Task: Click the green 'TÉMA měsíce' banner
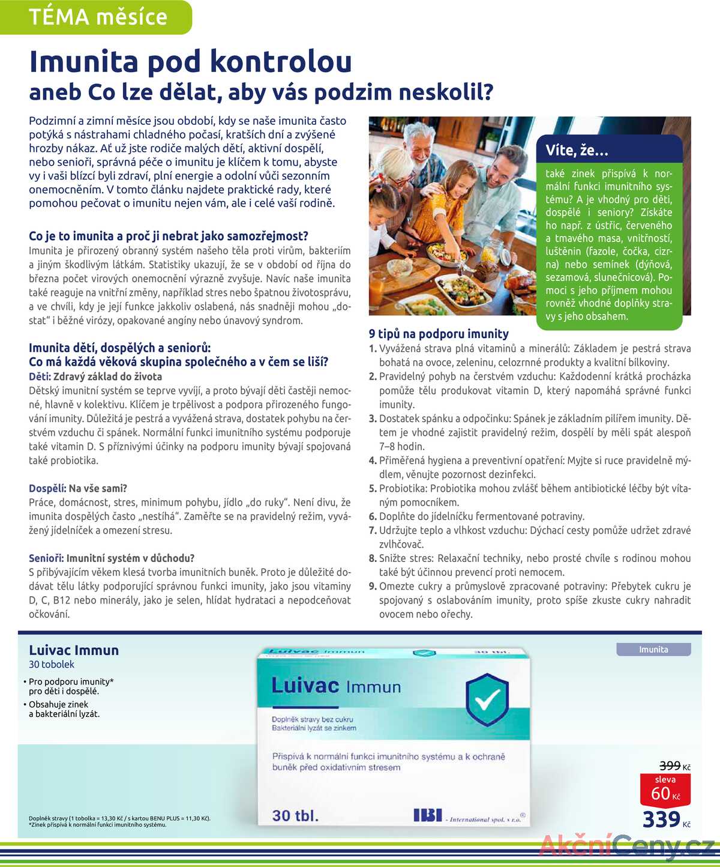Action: pos(98,17)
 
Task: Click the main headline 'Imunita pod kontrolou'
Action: pos(190,61)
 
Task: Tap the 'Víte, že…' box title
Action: pos(577,150)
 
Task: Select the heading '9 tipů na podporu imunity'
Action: pos(439,334)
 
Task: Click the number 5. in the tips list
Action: pos(373,489)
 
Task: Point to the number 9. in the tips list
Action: pos(373,587)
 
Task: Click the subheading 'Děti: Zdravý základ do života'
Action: pos(95,376)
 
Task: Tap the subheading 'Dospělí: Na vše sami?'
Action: pos(78,489)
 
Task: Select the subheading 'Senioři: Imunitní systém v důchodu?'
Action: pos(112,558)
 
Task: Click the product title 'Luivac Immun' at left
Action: pos(74,650)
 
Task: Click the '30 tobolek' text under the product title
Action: pos(52,665)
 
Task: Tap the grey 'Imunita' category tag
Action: pos(653,650)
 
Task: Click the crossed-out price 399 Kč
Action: pos(674,766)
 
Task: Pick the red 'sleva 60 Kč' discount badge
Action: pos(666,789)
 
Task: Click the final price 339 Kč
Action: pos(665,820)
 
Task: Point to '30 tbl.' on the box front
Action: pos(295,815)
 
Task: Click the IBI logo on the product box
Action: pos(427,815)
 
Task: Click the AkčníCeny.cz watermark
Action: pos(626,847)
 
